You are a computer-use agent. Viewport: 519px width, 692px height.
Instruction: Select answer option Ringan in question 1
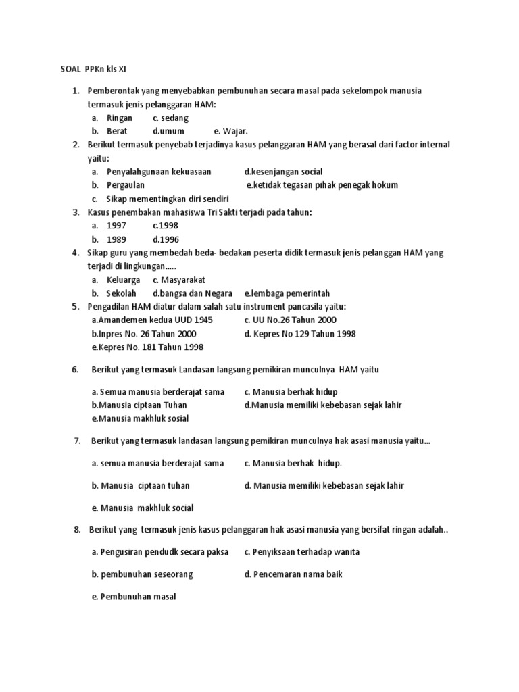120,118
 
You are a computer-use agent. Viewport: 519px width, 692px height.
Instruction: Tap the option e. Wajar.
231,131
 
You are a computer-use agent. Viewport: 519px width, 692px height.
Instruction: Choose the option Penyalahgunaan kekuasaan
159,172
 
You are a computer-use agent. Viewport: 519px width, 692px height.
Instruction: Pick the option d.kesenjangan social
283,172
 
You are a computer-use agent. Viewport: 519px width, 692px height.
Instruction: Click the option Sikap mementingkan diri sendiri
168,199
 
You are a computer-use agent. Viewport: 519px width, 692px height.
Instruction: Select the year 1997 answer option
117,226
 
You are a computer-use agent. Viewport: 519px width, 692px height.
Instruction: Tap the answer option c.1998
165,226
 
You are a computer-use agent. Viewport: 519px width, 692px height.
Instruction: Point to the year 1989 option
117,239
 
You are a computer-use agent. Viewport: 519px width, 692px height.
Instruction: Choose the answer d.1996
166,239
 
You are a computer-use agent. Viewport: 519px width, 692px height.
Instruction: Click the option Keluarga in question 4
124,280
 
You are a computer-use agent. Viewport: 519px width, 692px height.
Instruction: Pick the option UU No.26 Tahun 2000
290,320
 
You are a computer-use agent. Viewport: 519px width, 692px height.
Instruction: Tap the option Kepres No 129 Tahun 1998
299,333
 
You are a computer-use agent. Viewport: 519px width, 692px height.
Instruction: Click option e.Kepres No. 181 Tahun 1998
147,347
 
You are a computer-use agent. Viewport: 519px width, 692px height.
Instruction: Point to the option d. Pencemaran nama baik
295,574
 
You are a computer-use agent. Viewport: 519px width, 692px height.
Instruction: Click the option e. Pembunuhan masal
134,597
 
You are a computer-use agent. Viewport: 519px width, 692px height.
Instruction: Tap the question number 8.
77,529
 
